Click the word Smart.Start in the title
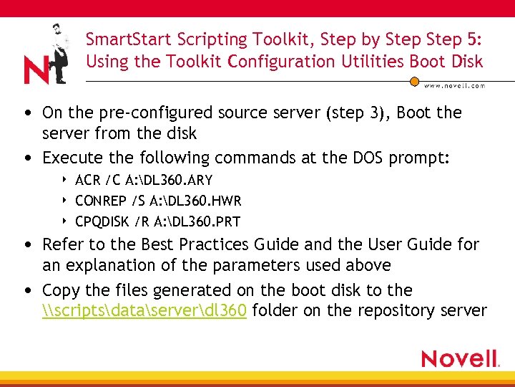click(x=119, y=39)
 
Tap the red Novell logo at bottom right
click(x=460, y=358)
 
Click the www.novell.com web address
click(x=455, y=85)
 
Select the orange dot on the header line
click(x=414, y=81)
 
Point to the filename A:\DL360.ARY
click(x=171, y=180)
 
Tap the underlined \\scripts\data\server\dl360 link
click(x=144, y=310)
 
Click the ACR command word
click(x=87, y=180)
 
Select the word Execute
click(x=70, y=158)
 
